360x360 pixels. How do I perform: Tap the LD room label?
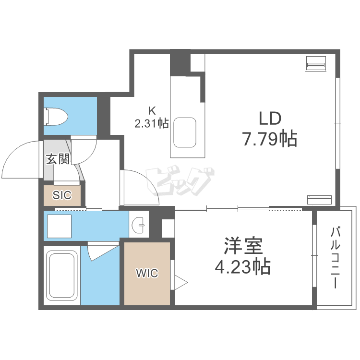(269, 119)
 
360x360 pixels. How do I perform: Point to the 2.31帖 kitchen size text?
(151, 123)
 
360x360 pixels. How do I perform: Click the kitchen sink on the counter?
(185, 132)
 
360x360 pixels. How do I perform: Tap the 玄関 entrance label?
(58, 159)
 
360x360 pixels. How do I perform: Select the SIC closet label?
(62, 195)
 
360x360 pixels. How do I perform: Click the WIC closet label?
(146, 274)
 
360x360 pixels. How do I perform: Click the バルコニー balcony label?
(335, 258)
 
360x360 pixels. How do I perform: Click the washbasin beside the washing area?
(139, 224)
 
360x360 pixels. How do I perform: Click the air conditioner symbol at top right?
(316, 64)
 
